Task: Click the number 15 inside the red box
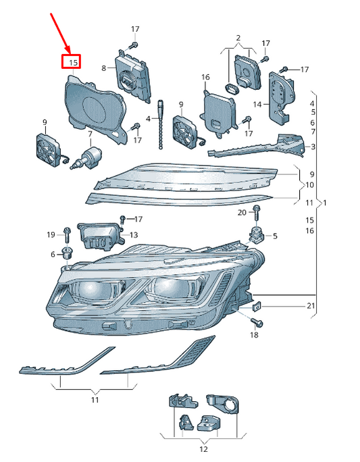point(72,63)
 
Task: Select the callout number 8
point(104,68)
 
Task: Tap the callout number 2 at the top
point(238,36)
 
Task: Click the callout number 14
point(257,105)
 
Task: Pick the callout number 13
point(133,235)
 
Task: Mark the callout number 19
point(51,234)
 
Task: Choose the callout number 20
point(242,213)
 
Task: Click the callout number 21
point(310,306)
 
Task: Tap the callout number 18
point(254,335)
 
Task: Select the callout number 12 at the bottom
point(203,448)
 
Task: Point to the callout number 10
point(309,184)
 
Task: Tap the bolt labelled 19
point(67,234)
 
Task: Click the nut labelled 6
point(66,254)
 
